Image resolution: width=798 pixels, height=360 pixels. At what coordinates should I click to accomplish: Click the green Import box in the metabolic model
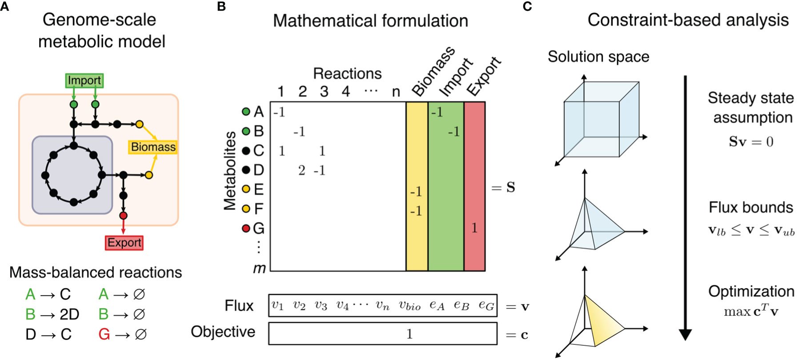pos(84,80)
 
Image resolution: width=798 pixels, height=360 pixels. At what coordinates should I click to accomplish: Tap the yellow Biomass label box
pos(153,147)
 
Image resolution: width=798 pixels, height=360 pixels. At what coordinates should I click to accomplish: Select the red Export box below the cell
pos(124,243)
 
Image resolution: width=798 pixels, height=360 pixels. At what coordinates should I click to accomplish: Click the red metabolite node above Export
pos(124,216)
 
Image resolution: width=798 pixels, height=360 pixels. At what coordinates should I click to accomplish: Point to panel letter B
pos(221,7)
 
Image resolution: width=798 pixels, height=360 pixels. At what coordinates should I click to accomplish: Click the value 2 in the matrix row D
pos(302,170)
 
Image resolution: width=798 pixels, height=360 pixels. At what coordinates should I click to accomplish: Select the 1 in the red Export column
pos(474,228)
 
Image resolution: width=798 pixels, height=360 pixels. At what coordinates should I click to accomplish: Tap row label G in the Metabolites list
pos(258,228)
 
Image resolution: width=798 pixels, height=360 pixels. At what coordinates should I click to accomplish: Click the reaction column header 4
pos(345,92)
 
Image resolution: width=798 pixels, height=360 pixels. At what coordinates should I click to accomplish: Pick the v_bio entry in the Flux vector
pos(409,305)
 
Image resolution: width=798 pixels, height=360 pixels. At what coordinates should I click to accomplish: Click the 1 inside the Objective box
pos(409,334)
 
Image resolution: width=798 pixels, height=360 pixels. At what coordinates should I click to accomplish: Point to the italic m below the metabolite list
pos(259,268)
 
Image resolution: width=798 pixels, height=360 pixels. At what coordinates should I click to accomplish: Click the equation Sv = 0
pos(751,142)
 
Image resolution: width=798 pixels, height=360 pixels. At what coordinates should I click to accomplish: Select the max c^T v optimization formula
pos(751,312)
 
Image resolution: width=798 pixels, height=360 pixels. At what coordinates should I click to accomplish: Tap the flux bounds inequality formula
pos(751,231)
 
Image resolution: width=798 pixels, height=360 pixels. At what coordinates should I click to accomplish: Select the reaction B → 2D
pos(52,314)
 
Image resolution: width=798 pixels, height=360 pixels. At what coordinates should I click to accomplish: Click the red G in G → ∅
pos(104,334)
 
